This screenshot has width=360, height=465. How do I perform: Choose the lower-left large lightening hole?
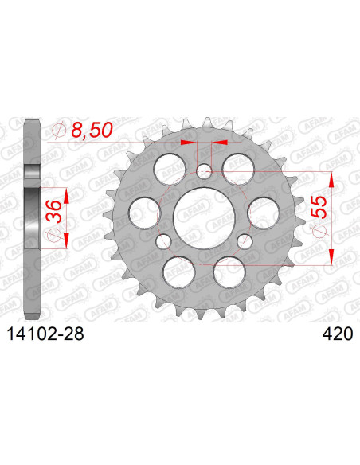(179, 269)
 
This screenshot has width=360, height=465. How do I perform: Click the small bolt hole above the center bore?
(204, 171)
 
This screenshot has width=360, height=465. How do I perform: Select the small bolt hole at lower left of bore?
(163, 240)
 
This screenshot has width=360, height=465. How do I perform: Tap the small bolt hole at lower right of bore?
(245, 240)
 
